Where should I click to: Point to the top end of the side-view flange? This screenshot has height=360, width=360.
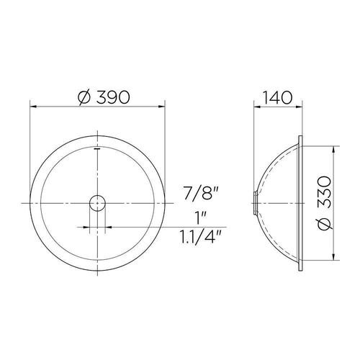(x=300, y=135)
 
